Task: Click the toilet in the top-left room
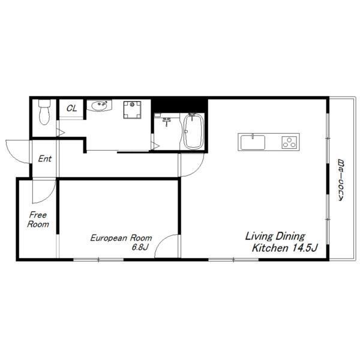point(44,112)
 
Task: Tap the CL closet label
point(71,108)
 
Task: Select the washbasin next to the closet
point(99,106)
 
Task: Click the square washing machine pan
point(132,110)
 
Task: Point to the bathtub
point(194,131)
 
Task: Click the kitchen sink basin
point(253,142)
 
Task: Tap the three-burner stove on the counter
point(289,142)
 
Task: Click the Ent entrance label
point(45,158)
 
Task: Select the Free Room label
point(38,220)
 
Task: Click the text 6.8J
point(140,247)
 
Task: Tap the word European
point(109,238)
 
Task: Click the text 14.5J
point(305,248)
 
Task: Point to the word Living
point(259,236)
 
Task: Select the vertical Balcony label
point(341,180)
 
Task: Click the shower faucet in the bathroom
point(167,121)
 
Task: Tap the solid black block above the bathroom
point(179,105)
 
